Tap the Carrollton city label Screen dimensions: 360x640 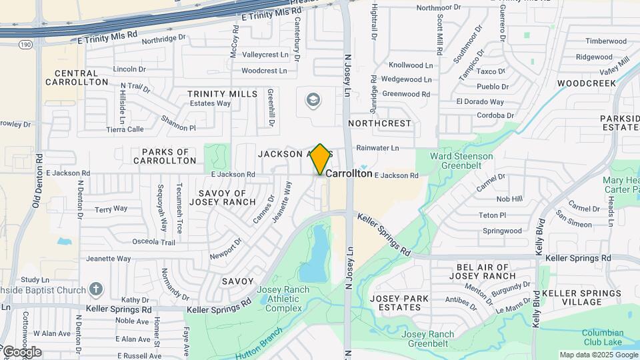click(349, 173)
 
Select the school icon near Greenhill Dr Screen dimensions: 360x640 click(312, 101)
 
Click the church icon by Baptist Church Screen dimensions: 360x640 click(96, 289)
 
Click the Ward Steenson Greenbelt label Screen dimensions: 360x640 click(461, 161)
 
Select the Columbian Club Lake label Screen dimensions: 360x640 click(603, 337)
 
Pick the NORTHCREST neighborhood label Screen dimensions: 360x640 click(380, 123)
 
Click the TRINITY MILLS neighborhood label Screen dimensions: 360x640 click(222, 94)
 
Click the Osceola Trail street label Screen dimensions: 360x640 click(154, 242)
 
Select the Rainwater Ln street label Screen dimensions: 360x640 click(377, 147)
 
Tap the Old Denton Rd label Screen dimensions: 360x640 click(38, 181)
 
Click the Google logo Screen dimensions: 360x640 click(21, 351)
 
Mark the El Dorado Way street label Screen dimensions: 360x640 click(480, 101)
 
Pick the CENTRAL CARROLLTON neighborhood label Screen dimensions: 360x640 click(77, 77)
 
